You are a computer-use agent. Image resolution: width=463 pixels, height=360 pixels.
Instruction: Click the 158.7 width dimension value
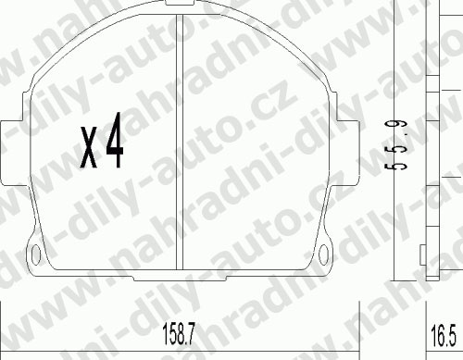(x=179, y=334)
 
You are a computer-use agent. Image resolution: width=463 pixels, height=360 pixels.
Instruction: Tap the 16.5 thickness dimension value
(x=443, y=336)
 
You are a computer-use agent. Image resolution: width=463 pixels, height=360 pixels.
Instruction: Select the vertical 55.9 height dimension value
(x=395, y=145)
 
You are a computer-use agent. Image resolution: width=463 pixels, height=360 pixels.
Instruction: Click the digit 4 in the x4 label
(x=115, y=141)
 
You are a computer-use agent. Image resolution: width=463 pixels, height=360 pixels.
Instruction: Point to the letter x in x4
(x=89, y=147)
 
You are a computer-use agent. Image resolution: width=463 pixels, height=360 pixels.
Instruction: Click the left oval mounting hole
(x=36, y=254)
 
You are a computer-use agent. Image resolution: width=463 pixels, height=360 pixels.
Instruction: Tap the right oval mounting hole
(x=323, y=254)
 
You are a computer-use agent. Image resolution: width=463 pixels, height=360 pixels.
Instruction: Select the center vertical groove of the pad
(x=180, y=142)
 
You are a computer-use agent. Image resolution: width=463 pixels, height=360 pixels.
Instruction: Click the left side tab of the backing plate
(x=11, y=154)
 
